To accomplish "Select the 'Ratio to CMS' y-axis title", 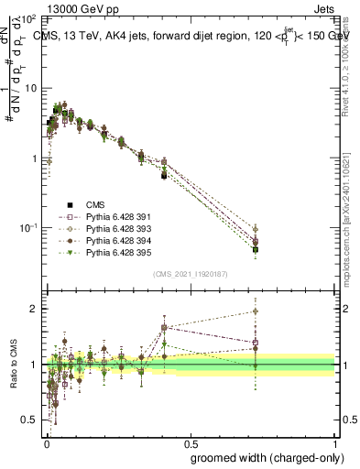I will [x=14, y=365].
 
